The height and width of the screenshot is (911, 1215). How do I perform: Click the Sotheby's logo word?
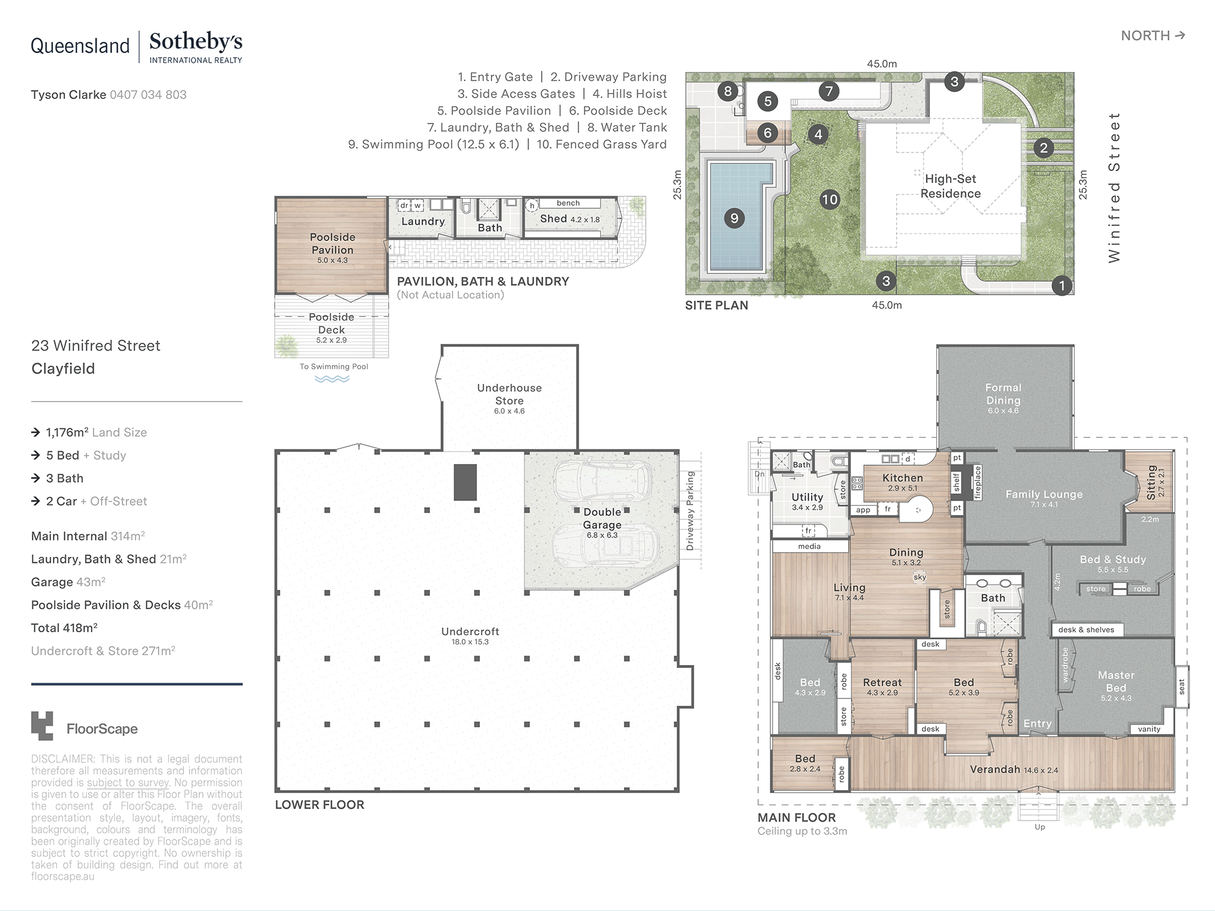[196, 42]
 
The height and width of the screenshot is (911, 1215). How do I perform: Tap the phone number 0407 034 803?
[148, 95]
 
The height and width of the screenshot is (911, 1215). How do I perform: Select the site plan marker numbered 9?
[734, 218]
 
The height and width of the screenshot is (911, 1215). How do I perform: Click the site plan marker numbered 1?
[1061, 285]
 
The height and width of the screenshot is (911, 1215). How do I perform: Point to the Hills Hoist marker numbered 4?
[818, 134]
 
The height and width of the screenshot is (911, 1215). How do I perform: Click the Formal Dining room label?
[1003, 394]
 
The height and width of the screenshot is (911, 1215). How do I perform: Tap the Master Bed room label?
[1116, 681]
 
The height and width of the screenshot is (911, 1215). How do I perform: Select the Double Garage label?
[602, 518]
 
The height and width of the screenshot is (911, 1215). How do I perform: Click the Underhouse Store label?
[509, 394]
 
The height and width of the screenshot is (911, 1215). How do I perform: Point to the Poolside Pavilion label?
[332, 243]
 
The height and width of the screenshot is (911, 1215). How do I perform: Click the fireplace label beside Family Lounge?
[977, 482]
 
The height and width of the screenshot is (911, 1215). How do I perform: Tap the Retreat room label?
[882, 683]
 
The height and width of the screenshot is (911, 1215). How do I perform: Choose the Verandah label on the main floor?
[995, 769]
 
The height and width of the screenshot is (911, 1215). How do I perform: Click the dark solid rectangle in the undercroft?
[465, 482]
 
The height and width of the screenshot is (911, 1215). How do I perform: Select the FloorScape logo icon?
[42, 726]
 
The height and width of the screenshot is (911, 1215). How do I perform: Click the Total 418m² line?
[64, 628]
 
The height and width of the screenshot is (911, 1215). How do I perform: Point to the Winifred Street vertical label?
[1114, 187]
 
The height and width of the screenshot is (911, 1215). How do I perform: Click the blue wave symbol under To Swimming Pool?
[332, 379]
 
